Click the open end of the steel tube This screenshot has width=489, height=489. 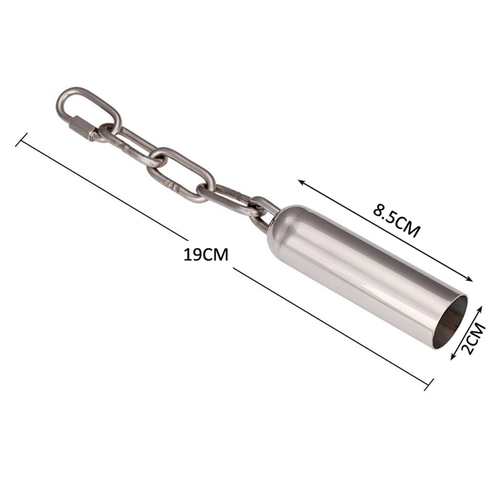click(x=450, y=323)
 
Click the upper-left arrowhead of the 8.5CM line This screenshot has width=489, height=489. click(x=302, y=182)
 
